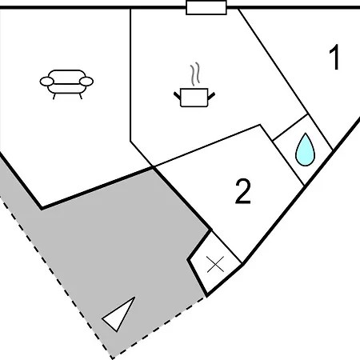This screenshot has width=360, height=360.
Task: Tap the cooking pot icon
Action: click(194, 98)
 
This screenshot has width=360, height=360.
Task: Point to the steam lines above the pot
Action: click(195, 74)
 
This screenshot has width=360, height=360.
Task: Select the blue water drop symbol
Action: click(306, 150)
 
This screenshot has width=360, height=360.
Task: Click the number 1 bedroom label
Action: click(334, 57)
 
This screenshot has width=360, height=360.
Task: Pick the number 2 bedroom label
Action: click(243, 191)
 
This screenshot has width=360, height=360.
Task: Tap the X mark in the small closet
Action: click(215, 265)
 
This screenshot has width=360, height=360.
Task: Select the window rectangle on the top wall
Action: click(206, 8)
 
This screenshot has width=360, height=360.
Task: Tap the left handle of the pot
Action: click(178, 96)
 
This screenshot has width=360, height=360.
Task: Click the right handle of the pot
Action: click(211, 96)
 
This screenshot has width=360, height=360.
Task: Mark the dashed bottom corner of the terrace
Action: click(113, 358)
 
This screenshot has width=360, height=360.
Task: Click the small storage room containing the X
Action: click(215, 263)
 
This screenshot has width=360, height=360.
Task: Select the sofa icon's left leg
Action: click(54, 96)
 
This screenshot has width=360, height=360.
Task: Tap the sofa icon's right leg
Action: click(81, 96)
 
